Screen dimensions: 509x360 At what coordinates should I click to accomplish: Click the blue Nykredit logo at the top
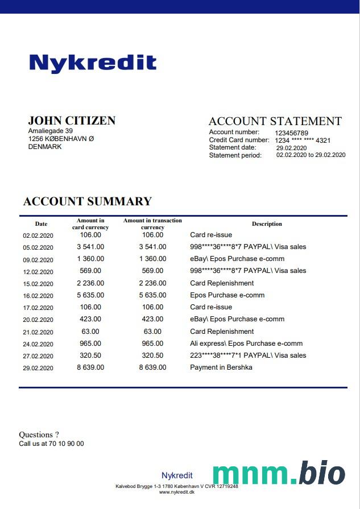[93, 63]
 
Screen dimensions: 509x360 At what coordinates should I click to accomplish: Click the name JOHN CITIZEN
[72, 121]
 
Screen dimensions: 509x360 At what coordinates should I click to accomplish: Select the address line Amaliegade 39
[51, 131]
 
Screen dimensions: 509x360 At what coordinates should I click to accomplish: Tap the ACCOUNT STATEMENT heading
[275, 121]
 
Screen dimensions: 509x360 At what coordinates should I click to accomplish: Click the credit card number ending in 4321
[303, 140]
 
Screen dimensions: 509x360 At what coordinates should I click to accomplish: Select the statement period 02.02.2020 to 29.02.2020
[311, 155]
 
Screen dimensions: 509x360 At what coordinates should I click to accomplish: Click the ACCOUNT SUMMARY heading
[88, 201]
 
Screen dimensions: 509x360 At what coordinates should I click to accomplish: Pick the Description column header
[267, 224]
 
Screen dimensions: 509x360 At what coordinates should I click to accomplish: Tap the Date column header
[41, 224]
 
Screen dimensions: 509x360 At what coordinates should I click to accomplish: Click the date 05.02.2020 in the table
[38, 247]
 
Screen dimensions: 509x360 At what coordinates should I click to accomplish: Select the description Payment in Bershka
[221, 367]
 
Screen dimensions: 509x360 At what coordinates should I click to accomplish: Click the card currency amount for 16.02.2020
[90, 295]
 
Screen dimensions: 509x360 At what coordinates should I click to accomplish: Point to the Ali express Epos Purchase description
[246, 344]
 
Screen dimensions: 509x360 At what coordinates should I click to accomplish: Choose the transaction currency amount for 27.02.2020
[152, 355]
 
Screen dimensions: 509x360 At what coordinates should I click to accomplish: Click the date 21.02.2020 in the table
[38, 332]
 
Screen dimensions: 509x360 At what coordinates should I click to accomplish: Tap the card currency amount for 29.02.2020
[90, 367]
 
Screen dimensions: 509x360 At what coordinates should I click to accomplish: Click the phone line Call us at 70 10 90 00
[51, 444]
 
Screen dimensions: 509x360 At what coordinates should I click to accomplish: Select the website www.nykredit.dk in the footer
[176, 493]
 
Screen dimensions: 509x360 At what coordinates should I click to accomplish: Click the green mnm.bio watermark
[279, 474]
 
